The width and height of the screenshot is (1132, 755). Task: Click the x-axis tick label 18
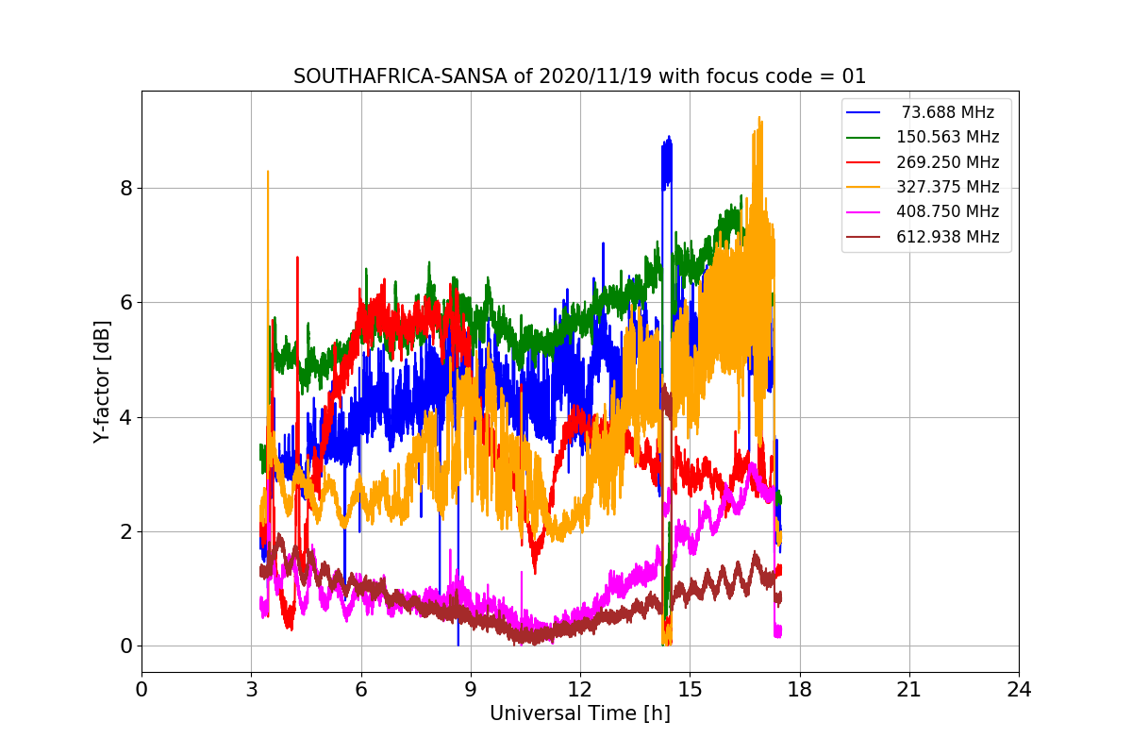click(799, 690)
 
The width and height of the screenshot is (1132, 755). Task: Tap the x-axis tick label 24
click(1019, 690)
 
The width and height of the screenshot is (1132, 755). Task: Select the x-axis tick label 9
click(471, 690)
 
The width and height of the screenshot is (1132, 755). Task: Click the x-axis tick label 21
click(908, 690)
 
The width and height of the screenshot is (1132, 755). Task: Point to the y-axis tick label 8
click(125, 188)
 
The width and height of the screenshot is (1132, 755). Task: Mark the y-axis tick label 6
click(125, 303)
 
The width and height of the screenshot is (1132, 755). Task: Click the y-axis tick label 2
click(125, 532)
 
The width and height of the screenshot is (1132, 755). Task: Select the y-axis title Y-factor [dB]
click(102, 382)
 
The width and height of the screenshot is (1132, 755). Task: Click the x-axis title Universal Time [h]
click(579, 714)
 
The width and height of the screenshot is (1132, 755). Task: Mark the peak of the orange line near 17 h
click(758, 118)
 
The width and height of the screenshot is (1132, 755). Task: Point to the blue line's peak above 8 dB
click(669, 137)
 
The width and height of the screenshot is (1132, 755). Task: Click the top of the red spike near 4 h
click(297, 257)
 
